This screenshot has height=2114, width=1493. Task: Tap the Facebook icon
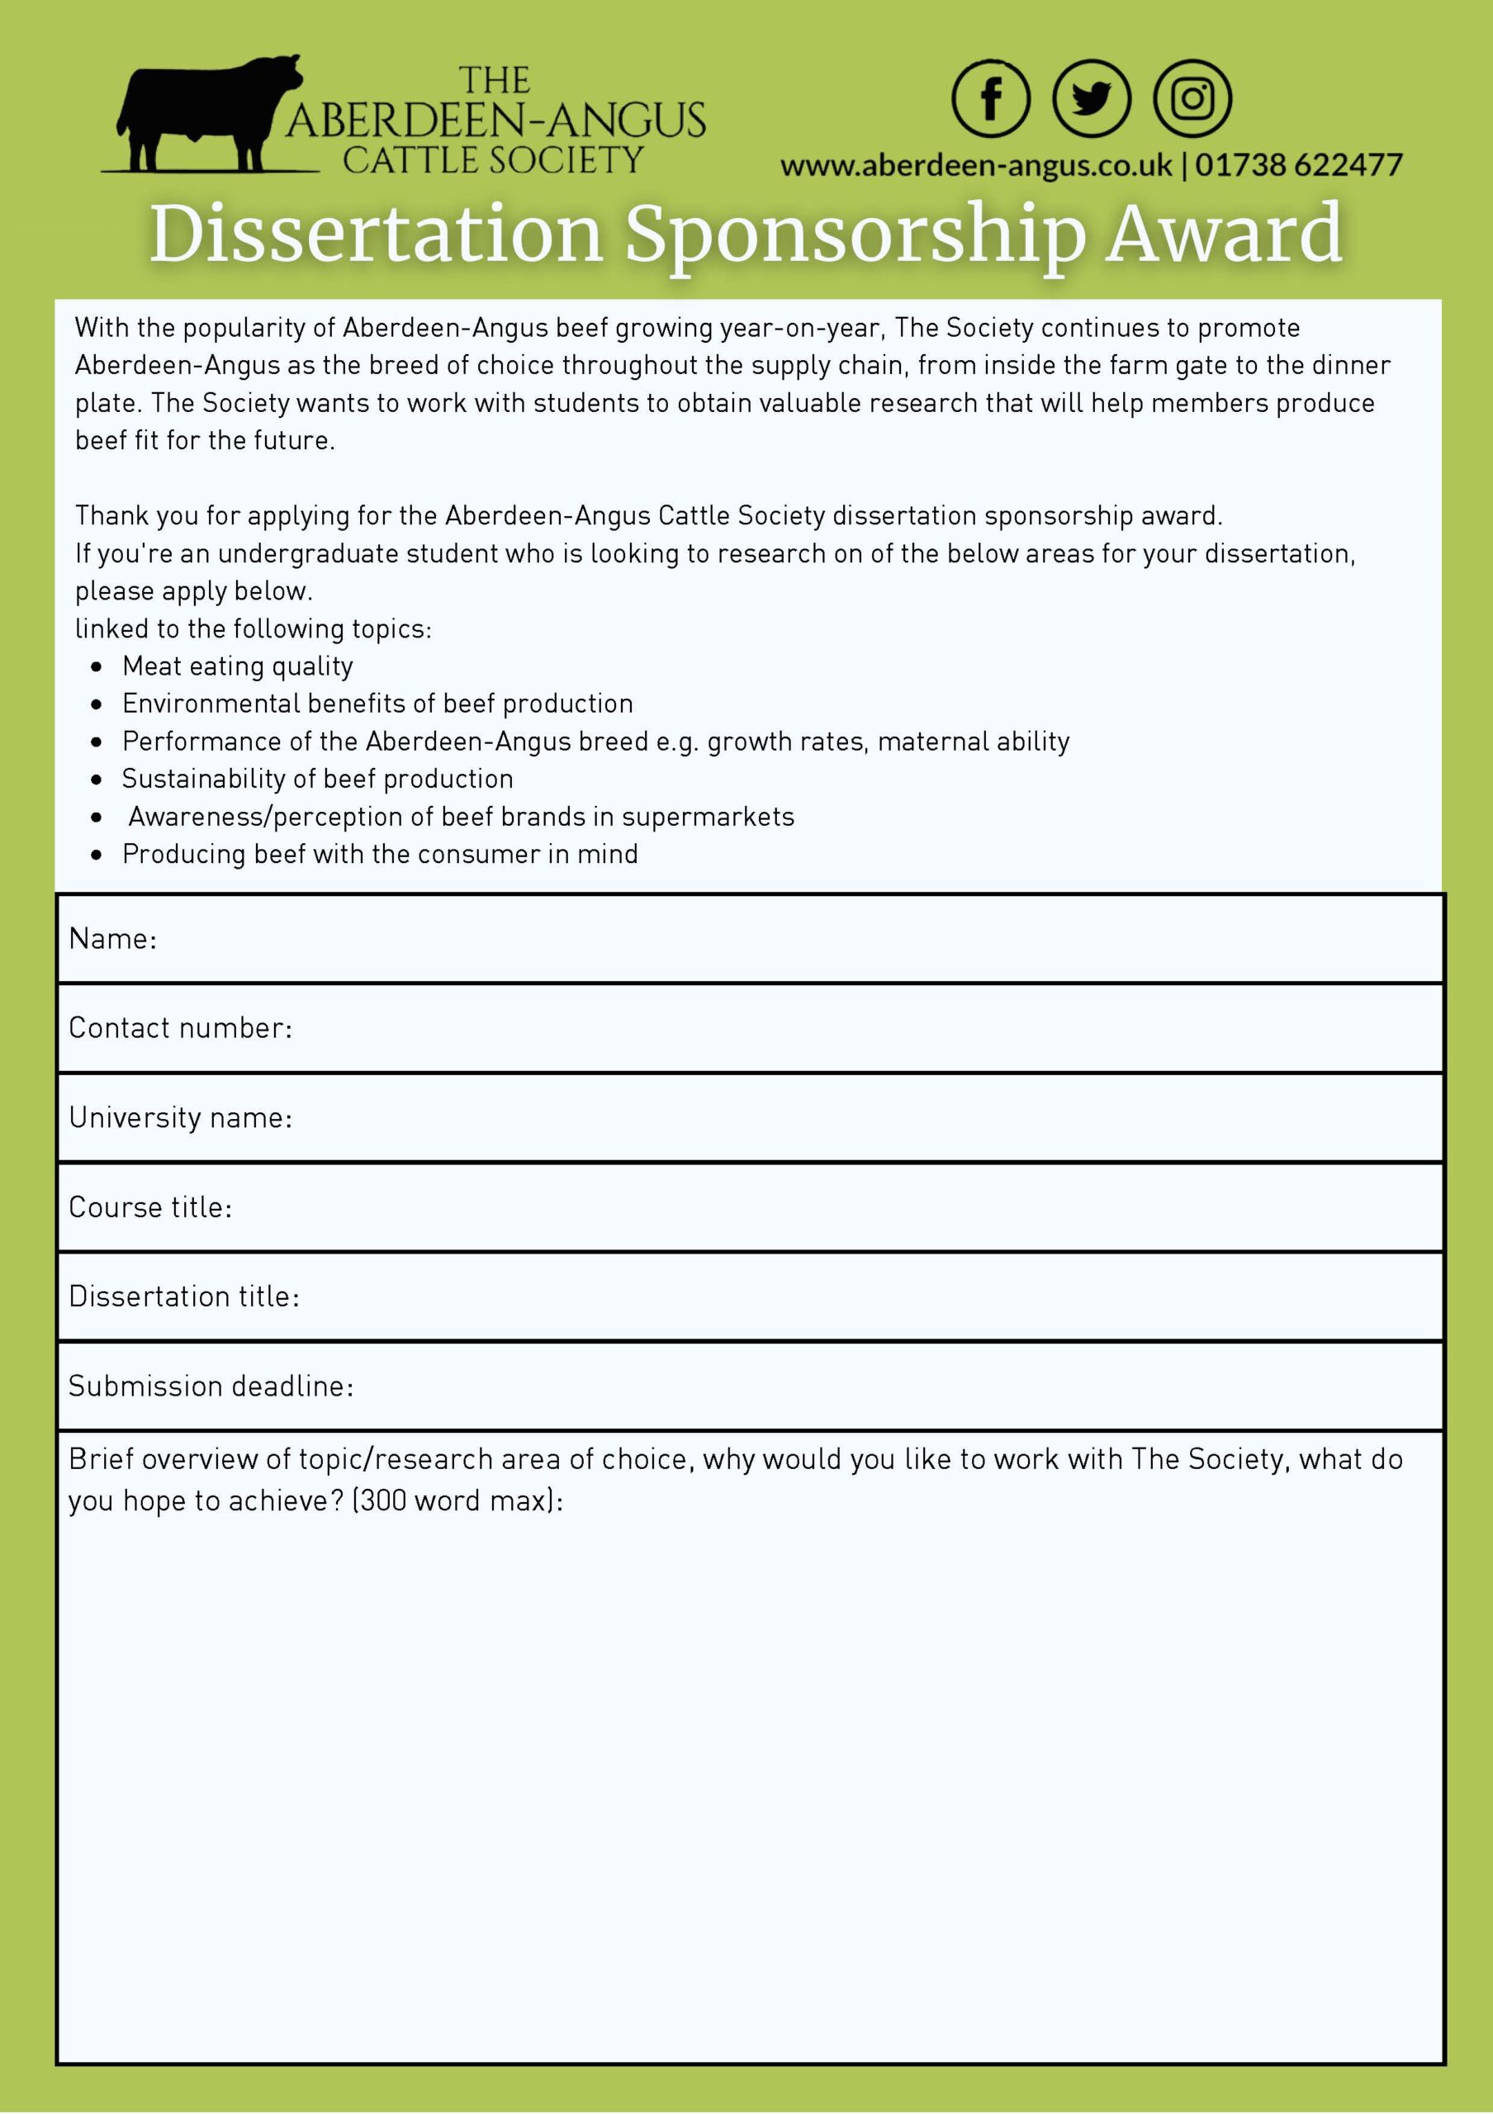tap(990, 98)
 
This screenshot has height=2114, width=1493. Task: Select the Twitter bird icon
tap(1092, 98)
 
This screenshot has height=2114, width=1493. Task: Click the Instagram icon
tap(1192, 98)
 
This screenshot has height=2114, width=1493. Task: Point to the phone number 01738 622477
tap(1299, 166)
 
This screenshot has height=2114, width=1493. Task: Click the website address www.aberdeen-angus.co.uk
tap(976, 166)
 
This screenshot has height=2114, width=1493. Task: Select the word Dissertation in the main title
tap(376, 234)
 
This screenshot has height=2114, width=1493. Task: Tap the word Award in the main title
tap(1225, 234)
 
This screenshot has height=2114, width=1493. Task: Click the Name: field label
tap(113, 939)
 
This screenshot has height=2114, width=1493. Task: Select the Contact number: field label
tap(180, 1028)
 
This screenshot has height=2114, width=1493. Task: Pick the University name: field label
tap(180, 1118)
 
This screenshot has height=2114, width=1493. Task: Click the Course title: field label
tap(150, 1207)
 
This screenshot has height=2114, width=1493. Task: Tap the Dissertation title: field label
tap(184, 1296)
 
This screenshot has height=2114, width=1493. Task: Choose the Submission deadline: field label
tap(211, 1386)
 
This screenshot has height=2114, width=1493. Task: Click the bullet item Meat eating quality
tap(238, 666)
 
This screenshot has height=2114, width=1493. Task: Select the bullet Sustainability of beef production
tap(318, 779)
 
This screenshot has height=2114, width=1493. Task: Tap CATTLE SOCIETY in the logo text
tap(492, 160)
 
